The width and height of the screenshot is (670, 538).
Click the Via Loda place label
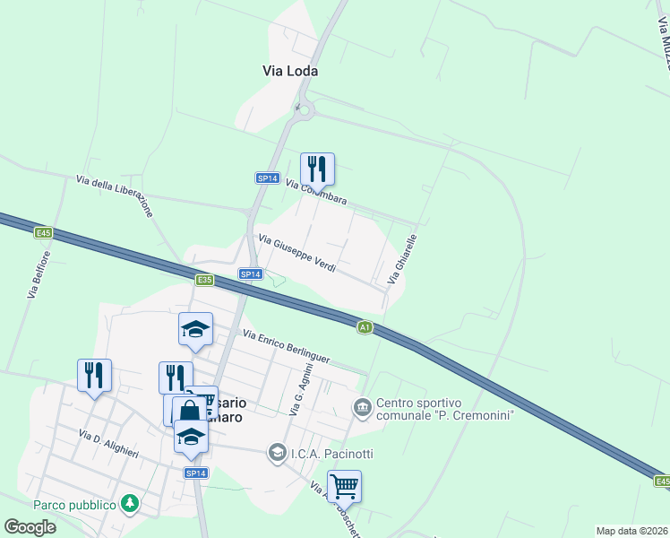click(290, 71)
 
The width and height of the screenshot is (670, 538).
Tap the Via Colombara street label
click(316, 192)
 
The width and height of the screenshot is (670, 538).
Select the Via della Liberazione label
click(116, 195)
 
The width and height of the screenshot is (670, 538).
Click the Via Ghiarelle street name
click(402, 261)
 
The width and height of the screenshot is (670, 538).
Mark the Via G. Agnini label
click(301, 389)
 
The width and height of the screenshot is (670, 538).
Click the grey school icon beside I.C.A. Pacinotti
click(278, 451)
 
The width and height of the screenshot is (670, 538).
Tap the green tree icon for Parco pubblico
click(131, 504)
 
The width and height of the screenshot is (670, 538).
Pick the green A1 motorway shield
click(365, 327)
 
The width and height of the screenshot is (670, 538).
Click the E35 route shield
click(205, 280)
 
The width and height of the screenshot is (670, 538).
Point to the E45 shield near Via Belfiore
click(43, 233)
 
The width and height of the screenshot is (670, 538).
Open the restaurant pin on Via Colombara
click(317, 169)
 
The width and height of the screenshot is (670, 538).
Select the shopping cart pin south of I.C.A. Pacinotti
click(344, 486)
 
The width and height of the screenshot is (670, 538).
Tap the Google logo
click(30, 527)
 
